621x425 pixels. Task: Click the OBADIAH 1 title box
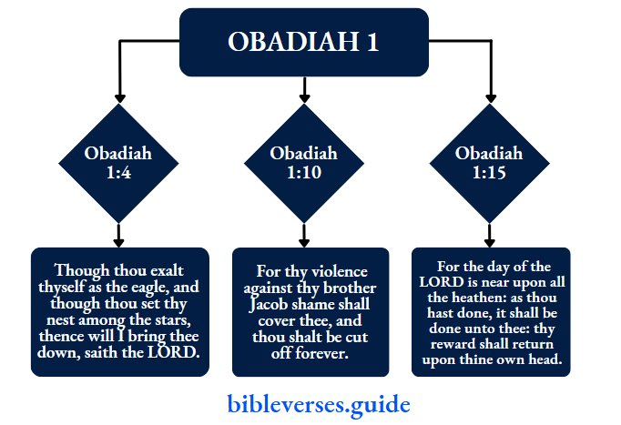pos(303,42)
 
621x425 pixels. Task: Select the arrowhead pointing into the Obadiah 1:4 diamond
pos(118,96)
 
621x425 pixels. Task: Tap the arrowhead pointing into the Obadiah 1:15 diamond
pos(489,96)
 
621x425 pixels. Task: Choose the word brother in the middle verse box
pos(341,288)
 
